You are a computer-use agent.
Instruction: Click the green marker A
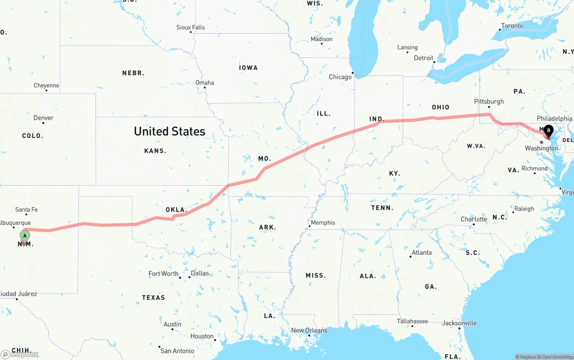25,236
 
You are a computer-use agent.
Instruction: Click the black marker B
548,131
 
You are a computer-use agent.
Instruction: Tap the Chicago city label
340,77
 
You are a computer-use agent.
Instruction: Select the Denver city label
43,118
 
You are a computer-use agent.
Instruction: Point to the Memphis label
323,222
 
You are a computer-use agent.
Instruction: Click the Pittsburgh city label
489,101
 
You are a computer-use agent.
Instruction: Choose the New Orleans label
309,330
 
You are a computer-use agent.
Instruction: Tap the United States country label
170,131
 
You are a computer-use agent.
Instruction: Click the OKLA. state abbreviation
176,209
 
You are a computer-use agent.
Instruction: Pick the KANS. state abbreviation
155,151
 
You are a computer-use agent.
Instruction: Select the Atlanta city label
422,252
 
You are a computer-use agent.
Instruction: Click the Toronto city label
512,26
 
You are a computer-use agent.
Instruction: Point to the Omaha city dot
205,87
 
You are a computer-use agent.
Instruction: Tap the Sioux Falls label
191,27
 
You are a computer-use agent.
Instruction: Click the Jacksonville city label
459,323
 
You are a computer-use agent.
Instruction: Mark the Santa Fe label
26,209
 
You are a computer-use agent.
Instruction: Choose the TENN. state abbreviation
382,208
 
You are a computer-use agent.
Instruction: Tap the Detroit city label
423,58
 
